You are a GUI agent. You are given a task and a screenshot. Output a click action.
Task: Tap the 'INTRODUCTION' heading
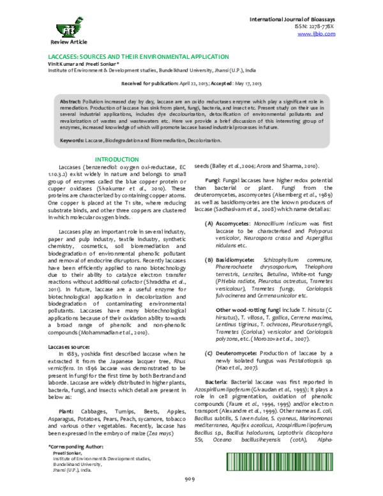point(116,159)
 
